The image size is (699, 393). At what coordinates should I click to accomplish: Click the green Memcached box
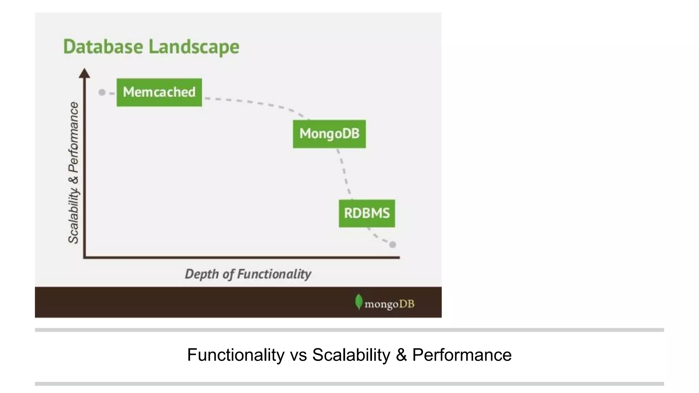coord(159,92)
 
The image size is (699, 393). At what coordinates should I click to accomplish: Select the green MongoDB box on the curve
coord(329,134)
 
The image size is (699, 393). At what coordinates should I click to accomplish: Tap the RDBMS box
coord(367,214)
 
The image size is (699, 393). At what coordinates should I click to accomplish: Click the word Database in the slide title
coord(103,47)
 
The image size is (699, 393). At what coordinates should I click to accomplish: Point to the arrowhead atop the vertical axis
coord(84,73)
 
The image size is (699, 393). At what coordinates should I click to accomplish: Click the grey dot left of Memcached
coord(102,92)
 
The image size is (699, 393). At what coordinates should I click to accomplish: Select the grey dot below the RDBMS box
coord(393,245)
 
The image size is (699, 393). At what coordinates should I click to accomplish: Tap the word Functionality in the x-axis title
coord(274,274)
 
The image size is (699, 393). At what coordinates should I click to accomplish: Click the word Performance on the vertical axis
coord(73,137)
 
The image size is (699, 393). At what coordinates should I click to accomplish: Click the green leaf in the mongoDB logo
coord(358,302)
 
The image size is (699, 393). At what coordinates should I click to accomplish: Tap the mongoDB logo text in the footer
coord(389,304)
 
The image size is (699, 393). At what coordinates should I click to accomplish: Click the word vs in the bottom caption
coord(298,355)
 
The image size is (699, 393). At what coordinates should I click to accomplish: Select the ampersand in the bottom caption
coord(401,355)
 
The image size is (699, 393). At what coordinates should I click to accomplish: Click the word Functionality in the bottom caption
coord(236,355)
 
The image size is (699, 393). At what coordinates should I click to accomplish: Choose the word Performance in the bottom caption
coord(462,355)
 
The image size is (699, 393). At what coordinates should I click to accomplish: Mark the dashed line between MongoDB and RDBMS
coord(344,172)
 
